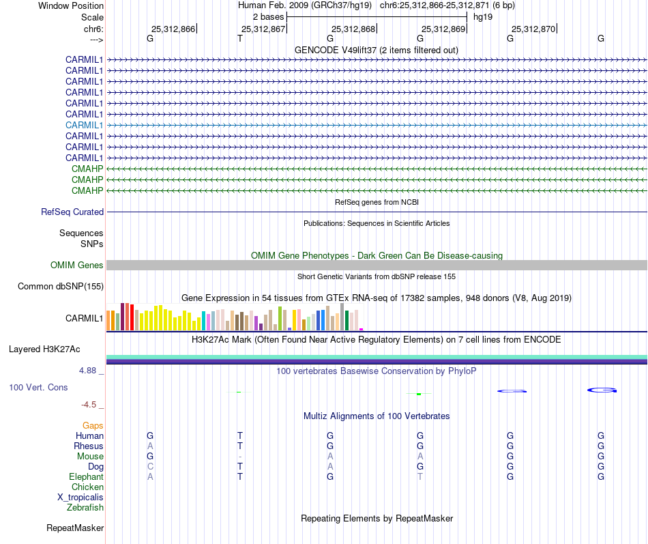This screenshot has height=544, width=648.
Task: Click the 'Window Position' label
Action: click(71, 5)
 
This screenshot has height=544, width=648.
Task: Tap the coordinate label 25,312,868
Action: click(353, 29)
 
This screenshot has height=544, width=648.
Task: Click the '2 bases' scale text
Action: click(268, 16)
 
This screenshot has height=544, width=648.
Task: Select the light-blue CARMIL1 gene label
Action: click(85, 125)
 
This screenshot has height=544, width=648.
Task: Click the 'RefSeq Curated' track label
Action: click(72, 212)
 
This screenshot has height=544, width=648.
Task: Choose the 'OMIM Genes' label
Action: click(77, 265)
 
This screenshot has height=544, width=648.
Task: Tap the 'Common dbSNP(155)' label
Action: click(61, 287)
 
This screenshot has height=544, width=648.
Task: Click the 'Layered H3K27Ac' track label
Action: click(44, 349)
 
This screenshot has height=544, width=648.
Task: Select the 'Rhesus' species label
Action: click(89, 446)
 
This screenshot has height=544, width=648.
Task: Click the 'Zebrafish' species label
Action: click(85, 508)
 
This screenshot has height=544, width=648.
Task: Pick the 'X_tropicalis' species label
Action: click(80, 498)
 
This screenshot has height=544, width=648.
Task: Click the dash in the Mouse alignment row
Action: click(240, 457)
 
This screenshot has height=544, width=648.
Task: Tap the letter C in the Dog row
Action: click(150, 467)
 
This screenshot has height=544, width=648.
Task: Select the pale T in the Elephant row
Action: click(420, 477)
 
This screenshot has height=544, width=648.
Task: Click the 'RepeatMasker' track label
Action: click(75, 528)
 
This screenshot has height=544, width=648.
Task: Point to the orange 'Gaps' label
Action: click(93, 426)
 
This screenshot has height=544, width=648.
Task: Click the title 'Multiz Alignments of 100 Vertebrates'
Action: click(377, 416)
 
